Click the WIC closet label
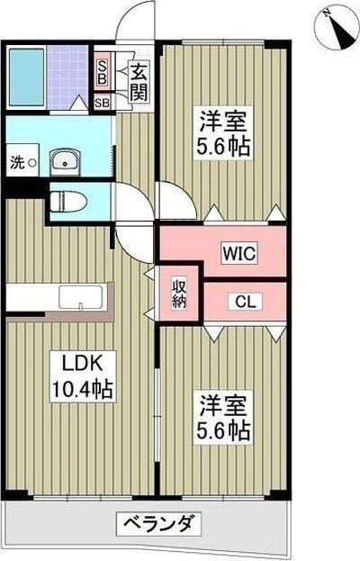(x=239, y=254)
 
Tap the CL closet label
(x=244, y=302)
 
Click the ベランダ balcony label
(x=157, y=522)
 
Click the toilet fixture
(x=68, y=199)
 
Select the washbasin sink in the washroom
(x=62, y=161)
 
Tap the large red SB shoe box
(x=103, y=71)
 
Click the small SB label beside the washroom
(x=103, y=104)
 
